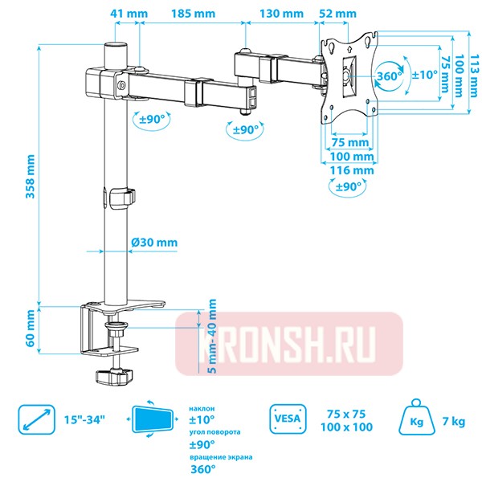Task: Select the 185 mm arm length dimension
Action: pos(193,14)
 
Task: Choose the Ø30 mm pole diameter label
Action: pos(153,243)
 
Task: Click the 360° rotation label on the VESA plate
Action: pos(390,76)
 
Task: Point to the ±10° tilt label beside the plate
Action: pos(423,74)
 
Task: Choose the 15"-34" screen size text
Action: pos(84,420)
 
